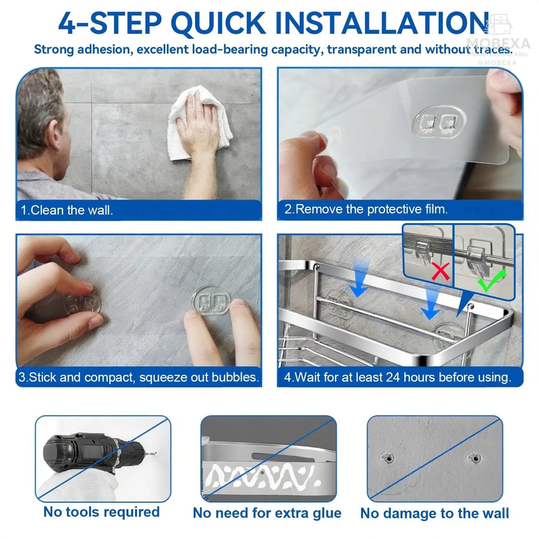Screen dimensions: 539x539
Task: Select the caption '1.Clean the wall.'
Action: (x=67, y=210)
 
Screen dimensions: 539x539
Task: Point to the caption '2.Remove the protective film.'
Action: (x=366, y=209)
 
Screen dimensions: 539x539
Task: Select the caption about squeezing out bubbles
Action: (x=138, y=377)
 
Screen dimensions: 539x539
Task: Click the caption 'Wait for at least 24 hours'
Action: (x=397, y=377)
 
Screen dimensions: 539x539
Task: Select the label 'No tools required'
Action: (x=101, y=512)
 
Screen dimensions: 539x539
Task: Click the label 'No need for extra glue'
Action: (x=267, y=513)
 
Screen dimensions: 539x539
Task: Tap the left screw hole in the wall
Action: (x=388, y=458)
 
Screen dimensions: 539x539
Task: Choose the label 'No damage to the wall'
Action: (x=435, y=513)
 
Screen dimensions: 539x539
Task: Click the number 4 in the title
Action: (x=68, y=23)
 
